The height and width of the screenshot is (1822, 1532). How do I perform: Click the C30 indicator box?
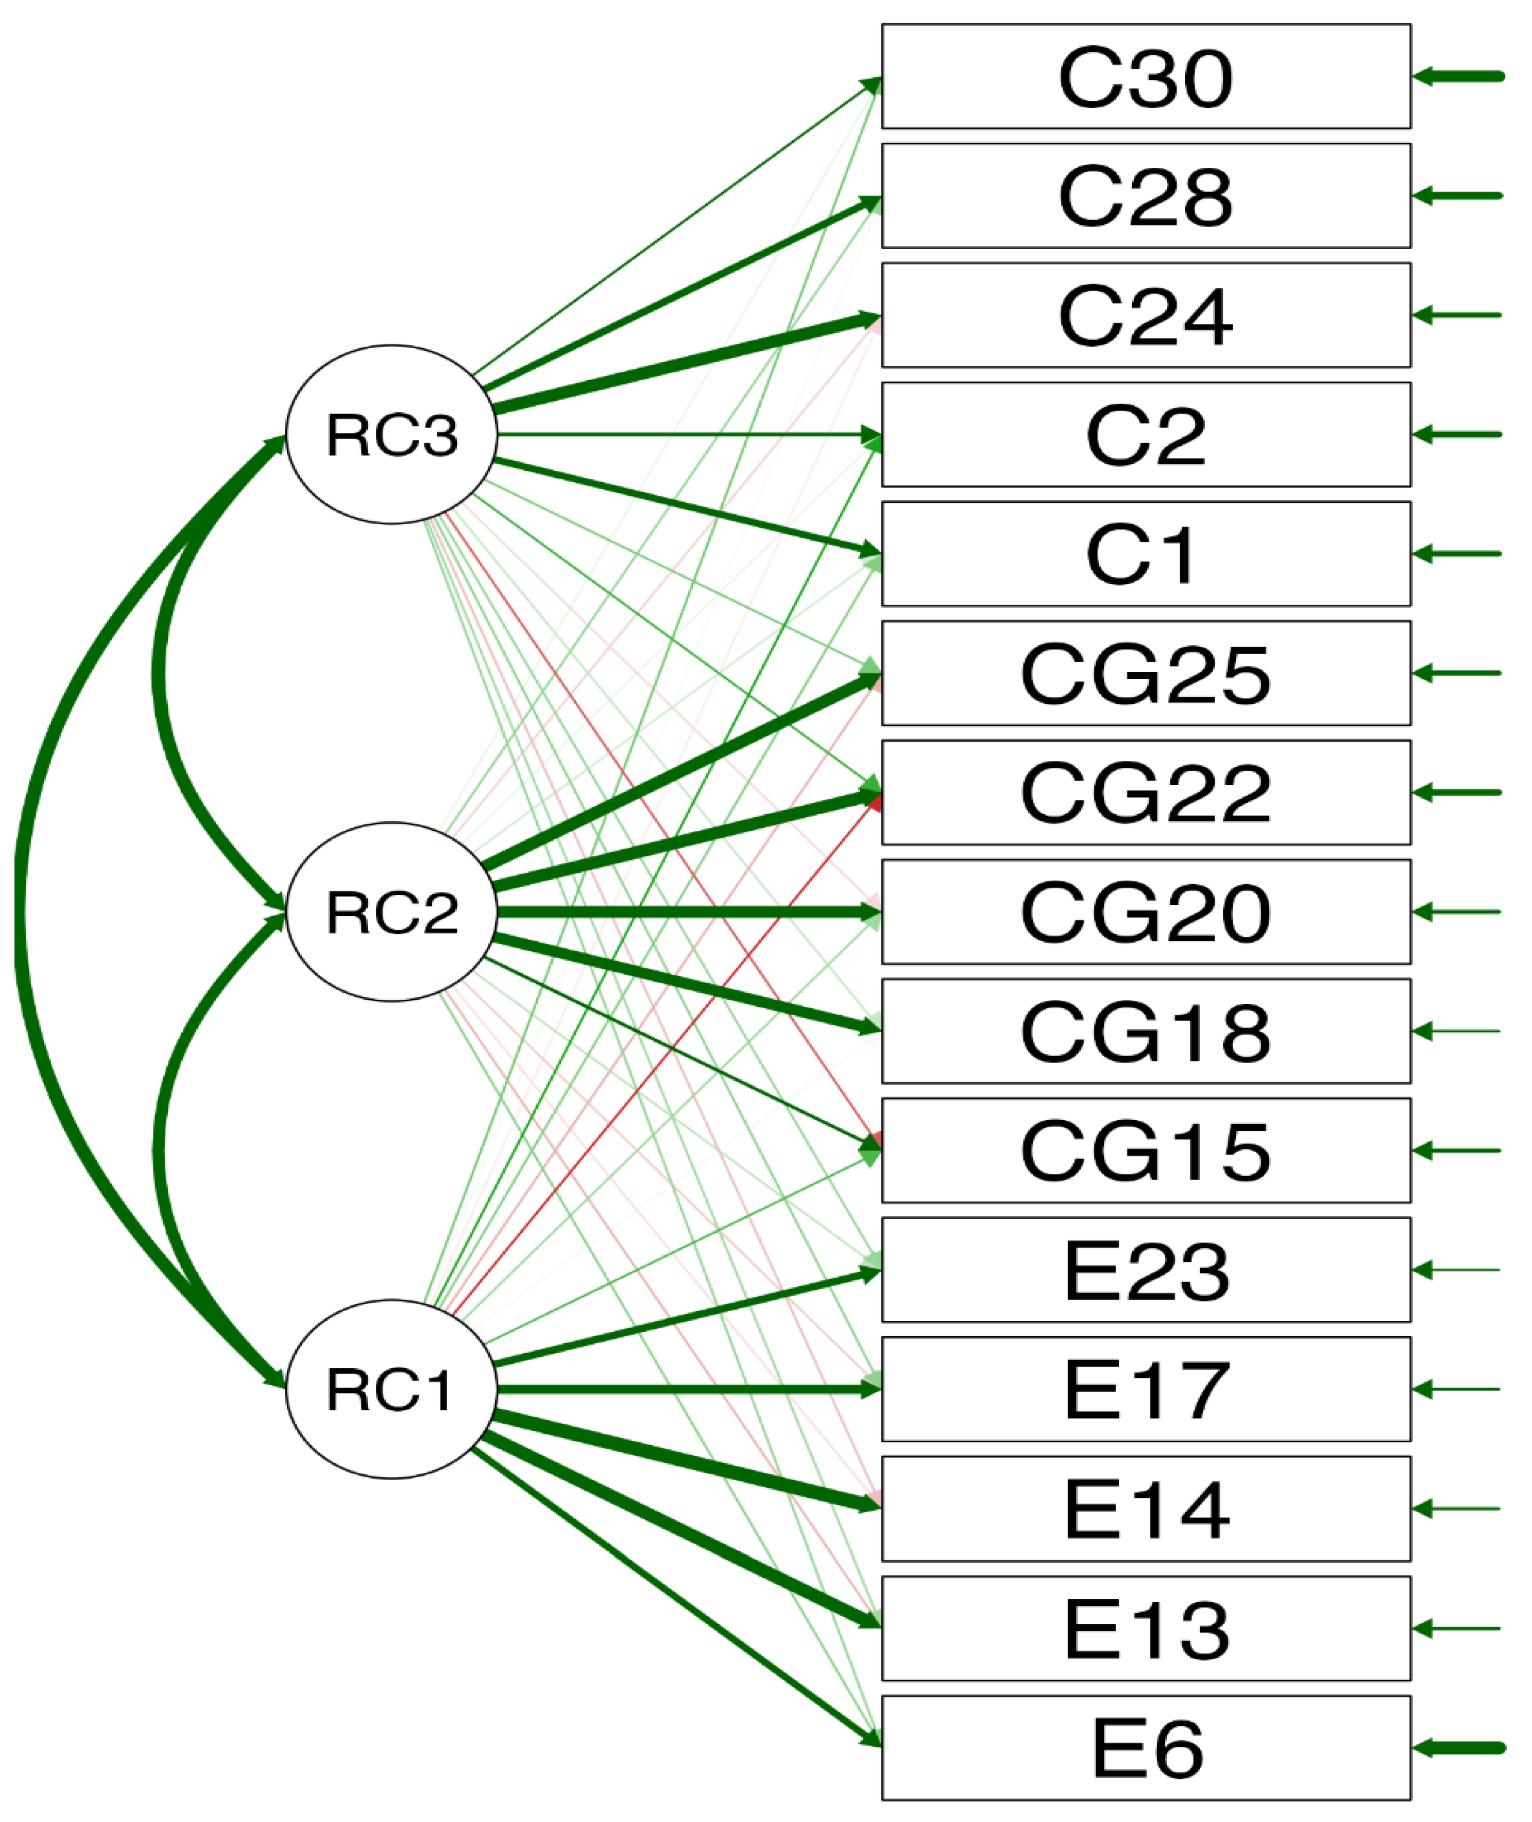(1146, 76)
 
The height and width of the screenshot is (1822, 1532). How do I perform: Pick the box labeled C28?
(1146, 196)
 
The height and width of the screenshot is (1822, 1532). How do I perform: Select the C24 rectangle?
(1146, 315)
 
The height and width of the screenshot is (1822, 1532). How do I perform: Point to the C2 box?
(1146, 435)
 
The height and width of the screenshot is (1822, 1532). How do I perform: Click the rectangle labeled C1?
(1146, 553)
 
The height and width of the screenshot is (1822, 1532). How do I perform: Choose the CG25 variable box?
(1146, 673)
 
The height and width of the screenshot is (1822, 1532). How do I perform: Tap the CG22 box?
(1146, 792)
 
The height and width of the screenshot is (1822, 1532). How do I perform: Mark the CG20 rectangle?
(1146, 911)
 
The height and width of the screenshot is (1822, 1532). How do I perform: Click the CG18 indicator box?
(1146, 1031)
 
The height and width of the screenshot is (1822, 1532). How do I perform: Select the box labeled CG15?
(1146, 1150)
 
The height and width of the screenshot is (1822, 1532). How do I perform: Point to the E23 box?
(1146, 1270)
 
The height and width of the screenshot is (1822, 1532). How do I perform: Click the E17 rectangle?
(1146, 1390)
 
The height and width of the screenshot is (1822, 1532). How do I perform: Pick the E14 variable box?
(1146, 1509)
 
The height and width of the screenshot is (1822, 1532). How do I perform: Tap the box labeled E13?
(1146, 1628)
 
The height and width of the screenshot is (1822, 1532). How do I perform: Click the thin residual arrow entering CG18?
(1459, 1031)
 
